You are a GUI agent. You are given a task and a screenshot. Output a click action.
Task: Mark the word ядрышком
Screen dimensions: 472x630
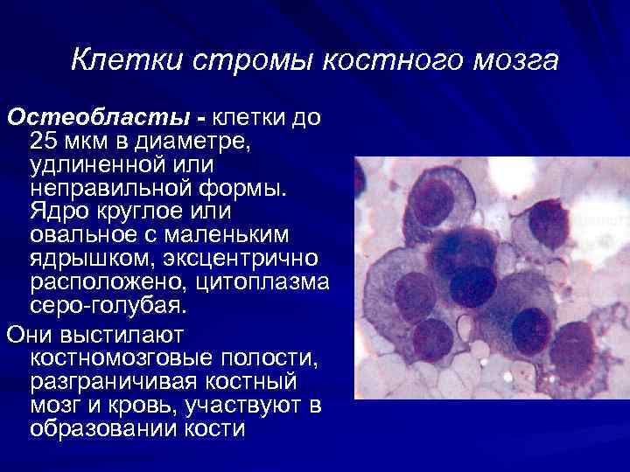point(83,260)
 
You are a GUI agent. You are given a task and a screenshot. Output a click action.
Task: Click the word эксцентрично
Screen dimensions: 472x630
point(254,260)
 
